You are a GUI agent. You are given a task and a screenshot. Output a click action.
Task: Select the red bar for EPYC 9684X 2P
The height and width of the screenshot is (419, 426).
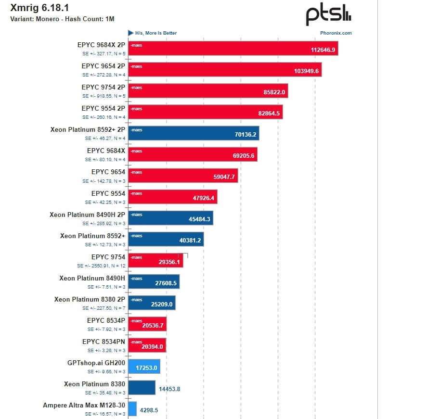(233, 49)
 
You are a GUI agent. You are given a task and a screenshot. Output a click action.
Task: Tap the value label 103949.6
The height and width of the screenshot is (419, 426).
(307, 71)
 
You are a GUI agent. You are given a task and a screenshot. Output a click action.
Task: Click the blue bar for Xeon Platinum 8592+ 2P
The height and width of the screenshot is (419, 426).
(194, 133)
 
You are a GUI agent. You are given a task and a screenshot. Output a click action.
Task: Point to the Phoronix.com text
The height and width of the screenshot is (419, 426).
(336, 33)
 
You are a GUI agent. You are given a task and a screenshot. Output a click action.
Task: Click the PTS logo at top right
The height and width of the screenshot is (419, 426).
(329, 16)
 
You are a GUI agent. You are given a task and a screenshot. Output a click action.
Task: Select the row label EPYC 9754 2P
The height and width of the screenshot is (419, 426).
(103, 88)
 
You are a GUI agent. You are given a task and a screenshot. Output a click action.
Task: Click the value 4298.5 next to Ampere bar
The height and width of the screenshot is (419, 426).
(149, 410)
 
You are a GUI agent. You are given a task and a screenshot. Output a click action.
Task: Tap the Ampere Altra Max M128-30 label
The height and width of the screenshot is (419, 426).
(84, 405)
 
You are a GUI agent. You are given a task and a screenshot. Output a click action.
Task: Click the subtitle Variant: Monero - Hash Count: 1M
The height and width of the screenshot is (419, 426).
(62, 19)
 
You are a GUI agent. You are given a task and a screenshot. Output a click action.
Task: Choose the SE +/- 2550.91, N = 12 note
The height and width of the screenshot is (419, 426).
(101, 266)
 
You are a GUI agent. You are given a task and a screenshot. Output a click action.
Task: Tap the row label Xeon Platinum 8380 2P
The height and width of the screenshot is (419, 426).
(90, 299)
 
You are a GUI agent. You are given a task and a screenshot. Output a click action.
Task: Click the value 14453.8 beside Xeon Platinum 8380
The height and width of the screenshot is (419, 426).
(169, 389)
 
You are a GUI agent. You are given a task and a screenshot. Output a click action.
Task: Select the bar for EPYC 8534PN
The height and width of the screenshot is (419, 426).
(147, 345)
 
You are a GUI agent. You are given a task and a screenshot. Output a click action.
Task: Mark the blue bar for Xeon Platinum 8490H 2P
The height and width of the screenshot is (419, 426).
(170, 218)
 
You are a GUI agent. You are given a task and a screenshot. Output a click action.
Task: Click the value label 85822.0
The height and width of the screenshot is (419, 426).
(275, 92)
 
